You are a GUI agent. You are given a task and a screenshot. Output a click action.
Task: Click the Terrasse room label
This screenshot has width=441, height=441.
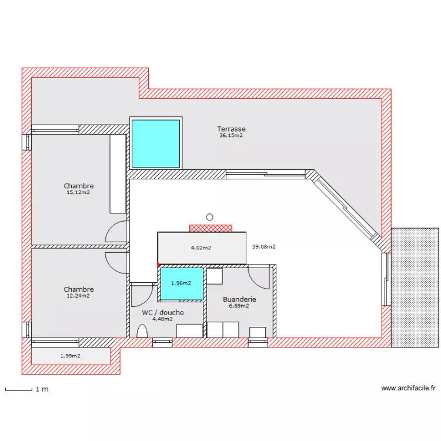[x=231, y=129]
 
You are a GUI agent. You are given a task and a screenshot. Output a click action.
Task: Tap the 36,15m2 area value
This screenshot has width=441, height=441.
[x=231, y=135]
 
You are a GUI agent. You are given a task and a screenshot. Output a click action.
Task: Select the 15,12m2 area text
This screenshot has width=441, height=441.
[x=78, y=192]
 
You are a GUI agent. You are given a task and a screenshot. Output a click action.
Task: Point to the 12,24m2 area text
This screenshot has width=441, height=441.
[x=78, y=296]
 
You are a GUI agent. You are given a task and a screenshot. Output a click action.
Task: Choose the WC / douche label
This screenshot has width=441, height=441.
[x=163, y=312]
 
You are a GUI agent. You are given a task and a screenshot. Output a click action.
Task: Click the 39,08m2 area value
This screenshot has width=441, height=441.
[x=263, y=247]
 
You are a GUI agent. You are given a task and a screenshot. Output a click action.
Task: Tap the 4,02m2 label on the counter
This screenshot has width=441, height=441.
[x=201, y=248]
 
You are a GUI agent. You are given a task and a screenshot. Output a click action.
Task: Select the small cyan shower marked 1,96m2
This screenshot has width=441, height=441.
[x=182, y=283]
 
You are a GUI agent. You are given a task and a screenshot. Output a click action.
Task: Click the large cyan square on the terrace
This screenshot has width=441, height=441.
[x=155, y=143]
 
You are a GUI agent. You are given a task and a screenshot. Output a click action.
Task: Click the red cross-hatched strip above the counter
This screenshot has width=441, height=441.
[x=211, y=228]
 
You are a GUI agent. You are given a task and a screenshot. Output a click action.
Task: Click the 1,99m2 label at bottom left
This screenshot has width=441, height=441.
[x=70, y=356]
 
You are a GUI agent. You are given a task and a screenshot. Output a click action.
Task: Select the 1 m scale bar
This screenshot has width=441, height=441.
[x=18, y=389]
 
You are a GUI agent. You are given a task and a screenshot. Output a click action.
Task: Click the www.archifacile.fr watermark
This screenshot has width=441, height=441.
[x=408, y=388]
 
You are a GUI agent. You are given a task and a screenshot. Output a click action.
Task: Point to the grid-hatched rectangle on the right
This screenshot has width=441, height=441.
[x=415, y=287]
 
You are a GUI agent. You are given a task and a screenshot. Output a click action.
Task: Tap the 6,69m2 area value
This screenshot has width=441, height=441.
[x=239, y=306]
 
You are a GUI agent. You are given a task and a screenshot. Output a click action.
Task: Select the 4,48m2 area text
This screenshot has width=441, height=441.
[x=162, y=319]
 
